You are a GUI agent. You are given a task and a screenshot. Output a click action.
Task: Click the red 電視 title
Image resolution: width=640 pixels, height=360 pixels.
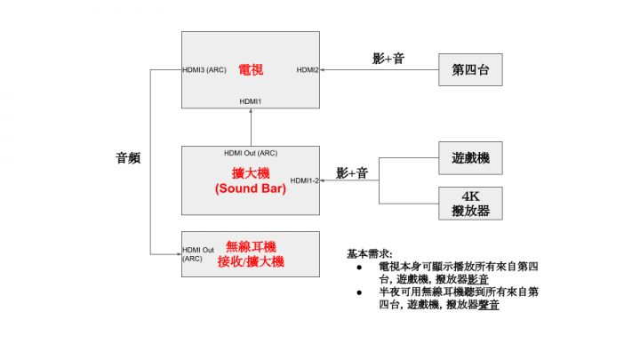[x=251, y=70]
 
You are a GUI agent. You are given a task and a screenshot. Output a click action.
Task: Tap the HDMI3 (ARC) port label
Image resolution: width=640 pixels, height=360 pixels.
[x=204, y=70]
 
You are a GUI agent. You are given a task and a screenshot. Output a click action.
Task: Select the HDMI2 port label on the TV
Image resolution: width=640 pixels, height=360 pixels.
[x=308, y=70]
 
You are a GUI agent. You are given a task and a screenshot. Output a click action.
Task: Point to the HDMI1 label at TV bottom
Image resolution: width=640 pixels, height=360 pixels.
[x=250, y=101]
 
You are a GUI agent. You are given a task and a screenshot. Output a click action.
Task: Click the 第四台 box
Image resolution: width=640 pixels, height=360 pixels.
[x=470, y=70]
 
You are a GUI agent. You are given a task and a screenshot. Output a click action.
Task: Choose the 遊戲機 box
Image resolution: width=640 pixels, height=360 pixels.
[x=470, y=158]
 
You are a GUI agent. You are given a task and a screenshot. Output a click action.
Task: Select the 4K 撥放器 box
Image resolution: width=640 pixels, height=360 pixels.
[x=470, y=204]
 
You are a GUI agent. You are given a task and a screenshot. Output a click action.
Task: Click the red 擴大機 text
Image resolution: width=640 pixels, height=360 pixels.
[x=251, y=173]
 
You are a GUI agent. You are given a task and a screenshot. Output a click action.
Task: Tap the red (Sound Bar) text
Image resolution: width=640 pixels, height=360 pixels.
[x=251, y=188]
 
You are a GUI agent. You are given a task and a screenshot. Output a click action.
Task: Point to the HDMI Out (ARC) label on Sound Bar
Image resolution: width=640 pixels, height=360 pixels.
[x=251, y=153]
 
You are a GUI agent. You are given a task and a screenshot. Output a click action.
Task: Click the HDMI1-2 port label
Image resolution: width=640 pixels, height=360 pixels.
[x=305, y=180]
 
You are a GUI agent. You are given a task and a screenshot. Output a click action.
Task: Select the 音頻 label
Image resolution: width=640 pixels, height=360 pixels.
[x=128, y=158]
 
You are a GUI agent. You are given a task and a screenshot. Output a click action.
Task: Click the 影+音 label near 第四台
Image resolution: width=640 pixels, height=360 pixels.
[x=388, y=59]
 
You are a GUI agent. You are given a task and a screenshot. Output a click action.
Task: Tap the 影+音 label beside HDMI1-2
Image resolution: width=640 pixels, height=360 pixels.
[x=352, y=173]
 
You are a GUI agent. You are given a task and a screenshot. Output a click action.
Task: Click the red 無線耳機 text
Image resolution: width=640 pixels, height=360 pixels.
[x=251, y=246]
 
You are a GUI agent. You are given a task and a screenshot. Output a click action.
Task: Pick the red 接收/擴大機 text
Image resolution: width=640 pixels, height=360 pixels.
[x=251, y=261]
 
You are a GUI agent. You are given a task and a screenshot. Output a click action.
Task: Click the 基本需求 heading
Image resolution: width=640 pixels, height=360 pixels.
[x=370, y=254]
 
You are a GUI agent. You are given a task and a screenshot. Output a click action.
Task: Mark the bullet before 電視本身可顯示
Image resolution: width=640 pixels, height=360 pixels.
[x=359, y=268]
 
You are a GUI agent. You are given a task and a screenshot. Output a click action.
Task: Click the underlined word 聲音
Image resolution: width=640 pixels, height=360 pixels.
[x=489, y=305]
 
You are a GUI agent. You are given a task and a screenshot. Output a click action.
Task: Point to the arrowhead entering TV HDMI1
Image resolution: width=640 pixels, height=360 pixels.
[x=251, y=110]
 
